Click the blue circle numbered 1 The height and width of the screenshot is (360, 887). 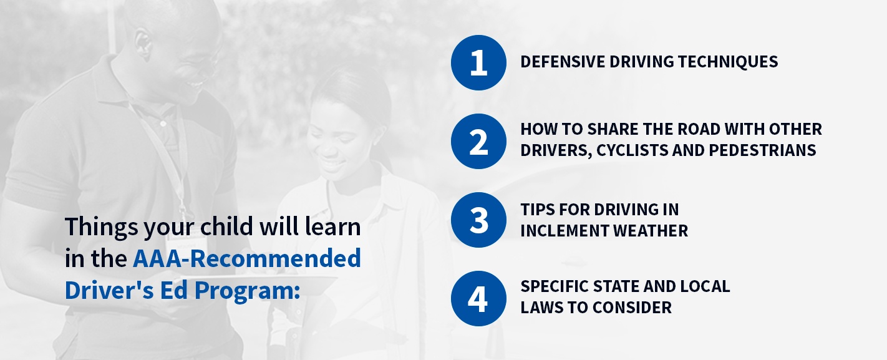tap(478, 62)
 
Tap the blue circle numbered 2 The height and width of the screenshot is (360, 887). tap(478, 142)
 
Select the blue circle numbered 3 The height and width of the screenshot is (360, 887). tap(478, 220)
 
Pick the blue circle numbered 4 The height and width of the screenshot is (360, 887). tap(478, 299)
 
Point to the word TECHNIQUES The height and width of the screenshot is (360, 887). tap(728, 62)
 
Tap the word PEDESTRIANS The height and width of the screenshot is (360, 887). tap(762, 150)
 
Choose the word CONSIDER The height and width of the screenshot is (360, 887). tap(632, 308)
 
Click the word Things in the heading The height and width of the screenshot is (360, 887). tap(102, 228)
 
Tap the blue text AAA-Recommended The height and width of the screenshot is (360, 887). tap(246, 258)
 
